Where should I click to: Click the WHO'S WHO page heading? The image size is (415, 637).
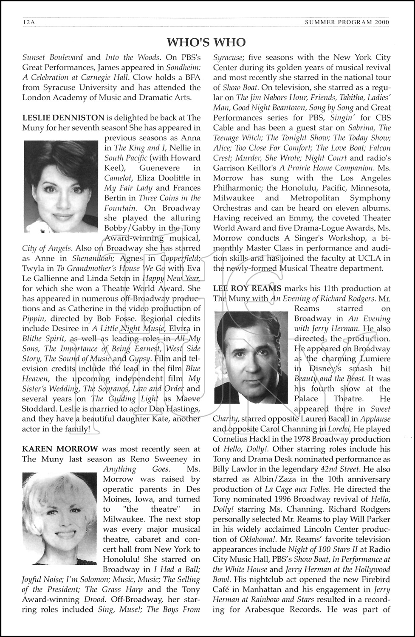point(206,42)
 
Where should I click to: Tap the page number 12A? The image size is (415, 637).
point(29,23)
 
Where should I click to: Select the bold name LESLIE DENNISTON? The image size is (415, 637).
point(63,118)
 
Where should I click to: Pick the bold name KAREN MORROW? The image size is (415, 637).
point(60,449)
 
